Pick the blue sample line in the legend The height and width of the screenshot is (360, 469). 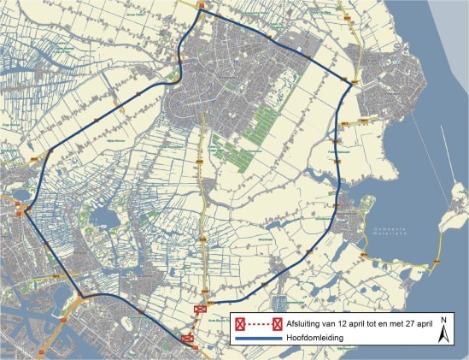click(260, 339)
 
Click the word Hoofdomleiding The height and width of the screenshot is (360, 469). click(314, 339)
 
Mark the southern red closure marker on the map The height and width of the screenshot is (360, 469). click(188, 339)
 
